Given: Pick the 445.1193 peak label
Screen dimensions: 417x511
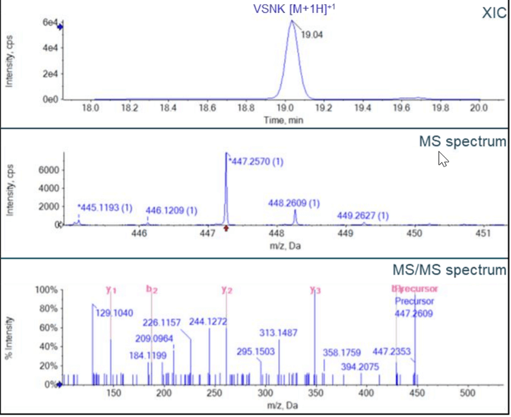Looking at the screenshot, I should (x=104, y=207).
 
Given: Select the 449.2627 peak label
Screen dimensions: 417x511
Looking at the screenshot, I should (x=363, y=216).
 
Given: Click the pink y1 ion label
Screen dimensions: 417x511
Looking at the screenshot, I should (x=111, y=290).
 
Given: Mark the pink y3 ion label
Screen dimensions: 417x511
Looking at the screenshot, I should (x=315, y=290).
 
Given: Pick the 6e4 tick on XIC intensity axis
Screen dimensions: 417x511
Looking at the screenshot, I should (x=48, y=23).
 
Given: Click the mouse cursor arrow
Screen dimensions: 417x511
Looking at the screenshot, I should (x=443, y=159).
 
